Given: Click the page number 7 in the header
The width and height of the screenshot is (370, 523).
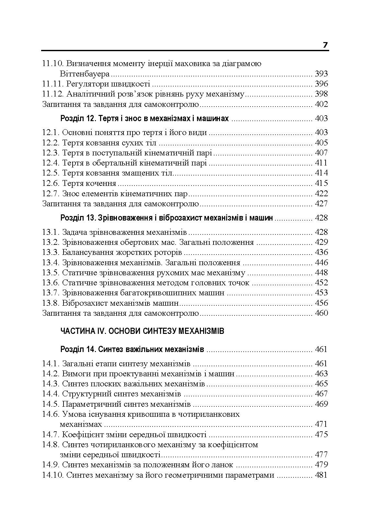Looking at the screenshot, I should tap(325, 45).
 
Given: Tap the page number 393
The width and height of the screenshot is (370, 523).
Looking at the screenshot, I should tap(321, 74).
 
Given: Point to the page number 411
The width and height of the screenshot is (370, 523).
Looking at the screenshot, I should tap(321, 163).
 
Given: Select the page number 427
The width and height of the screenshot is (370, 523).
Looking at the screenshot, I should tap(321, 204).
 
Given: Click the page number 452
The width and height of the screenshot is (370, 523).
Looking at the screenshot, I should tap(321, 283).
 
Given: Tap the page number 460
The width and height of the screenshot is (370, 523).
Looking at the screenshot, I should tap(321, 313).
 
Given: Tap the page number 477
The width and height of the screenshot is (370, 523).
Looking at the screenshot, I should tap(321, 455).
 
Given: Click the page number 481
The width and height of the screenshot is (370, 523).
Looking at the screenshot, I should tap(321, 475).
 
